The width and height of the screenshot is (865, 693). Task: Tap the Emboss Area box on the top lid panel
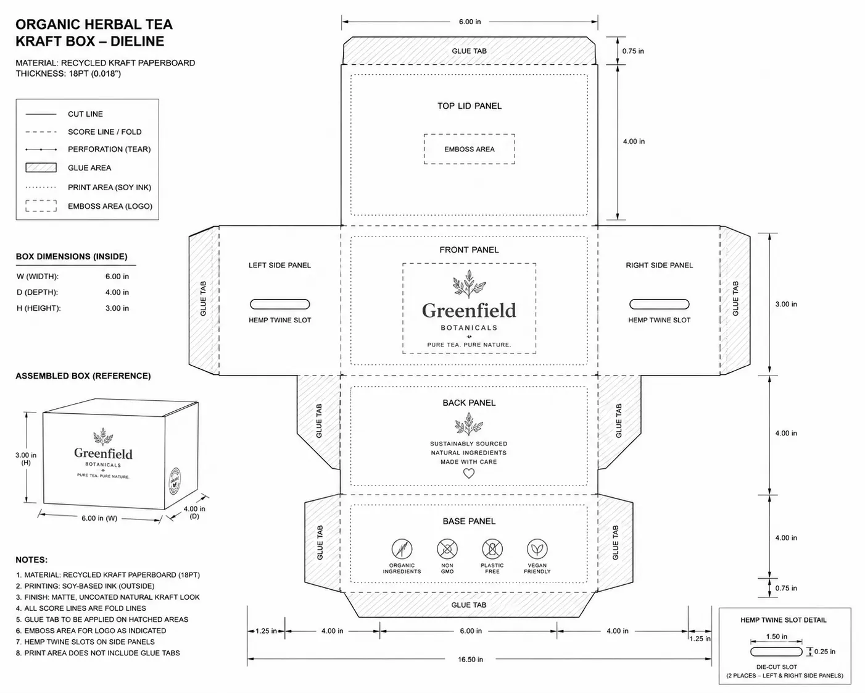[x=469, y=149]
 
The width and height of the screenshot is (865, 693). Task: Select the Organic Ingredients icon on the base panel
[x=402, y=549]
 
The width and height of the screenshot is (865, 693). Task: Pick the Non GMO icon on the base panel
[x=447, y=549]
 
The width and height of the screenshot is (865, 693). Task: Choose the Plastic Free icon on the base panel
[x=492, y=549]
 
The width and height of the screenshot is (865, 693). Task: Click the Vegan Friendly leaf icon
[x=537, y=549]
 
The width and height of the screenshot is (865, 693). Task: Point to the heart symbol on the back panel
[x=469, y=474]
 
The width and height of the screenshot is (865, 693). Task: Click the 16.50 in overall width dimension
[x=470, y=659]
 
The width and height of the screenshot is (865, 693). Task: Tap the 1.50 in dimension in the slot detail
[x=777, y=636]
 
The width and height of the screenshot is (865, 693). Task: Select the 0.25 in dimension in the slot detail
[x=825, y=652]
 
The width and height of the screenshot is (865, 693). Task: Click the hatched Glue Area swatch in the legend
[x=41, y=167]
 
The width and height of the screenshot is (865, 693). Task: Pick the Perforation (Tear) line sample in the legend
[x=41, y=149]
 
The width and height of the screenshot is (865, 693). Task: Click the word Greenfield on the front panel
[x=469, y=311]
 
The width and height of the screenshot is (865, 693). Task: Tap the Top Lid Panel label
[x=470, y=106]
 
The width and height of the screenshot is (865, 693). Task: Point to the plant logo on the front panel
[x=469, y=284]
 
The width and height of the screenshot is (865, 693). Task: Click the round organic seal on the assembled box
[x=175, y=481]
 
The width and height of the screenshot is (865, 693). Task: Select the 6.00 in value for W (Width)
[x=117, y=277]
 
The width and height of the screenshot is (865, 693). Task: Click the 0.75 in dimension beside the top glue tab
[x=633, y=51]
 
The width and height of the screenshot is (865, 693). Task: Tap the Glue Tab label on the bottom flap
[x=469, y=605]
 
